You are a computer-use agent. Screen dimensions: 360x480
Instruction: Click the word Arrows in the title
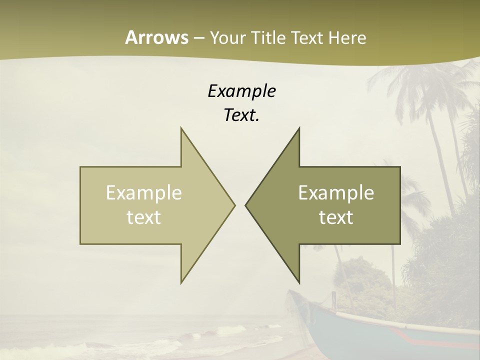pyautogui.click(x=156, y=37)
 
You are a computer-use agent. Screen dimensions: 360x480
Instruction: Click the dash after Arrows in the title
pyautogui.click(x=198, y=38)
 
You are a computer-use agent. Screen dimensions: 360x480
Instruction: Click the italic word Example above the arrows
pyautogui.click(x=241, y=91)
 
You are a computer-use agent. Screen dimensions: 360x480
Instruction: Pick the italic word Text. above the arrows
pyautogui.click(x=241, y=115)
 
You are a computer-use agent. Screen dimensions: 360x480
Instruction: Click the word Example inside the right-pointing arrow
pyautogui.click(x=144, y=193)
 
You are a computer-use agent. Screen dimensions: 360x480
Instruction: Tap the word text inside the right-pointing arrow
pyautogui.click(x=144, y=217)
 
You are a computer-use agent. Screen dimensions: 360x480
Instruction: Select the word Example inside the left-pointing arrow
pyautogui.click(x=336, y=193)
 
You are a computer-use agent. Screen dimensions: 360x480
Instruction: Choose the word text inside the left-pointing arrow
pyautogui.click(x=336, y=217)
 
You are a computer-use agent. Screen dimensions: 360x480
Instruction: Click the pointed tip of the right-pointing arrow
pyautogui.click(x=234, y=205)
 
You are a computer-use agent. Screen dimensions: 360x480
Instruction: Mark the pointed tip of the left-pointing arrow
pyautogui.click(x=246, y=205)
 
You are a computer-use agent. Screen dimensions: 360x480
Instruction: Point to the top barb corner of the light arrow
pyautogui.click(x=181, y=128)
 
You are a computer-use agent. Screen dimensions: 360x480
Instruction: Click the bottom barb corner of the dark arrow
pyautogui.click(x=299, y=282)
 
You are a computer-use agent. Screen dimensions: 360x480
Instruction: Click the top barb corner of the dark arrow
pyautogui.click(x=299, y=128)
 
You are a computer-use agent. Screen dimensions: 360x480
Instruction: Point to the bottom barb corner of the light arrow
pyautogui.click(x=181, y=282)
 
